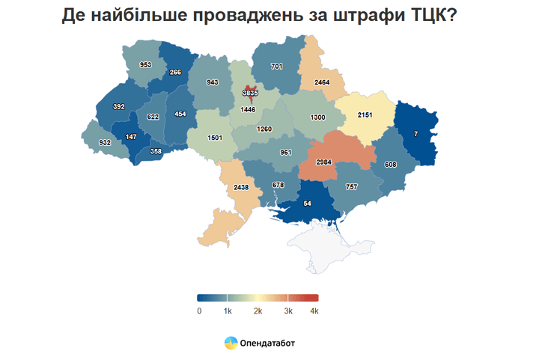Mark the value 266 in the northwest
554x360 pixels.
176,73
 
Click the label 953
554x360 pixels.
145,65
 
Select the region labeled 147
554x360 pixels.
131,137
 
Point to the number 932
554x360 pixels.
105,142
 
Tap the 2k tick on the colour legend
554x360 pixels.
257,310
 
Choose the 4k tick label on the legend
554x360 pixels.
314,310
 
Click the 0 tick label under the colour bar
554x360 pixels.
199,310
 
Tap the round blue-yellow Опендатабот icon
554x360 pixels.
231,344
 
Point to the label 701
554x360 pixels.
276,67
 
